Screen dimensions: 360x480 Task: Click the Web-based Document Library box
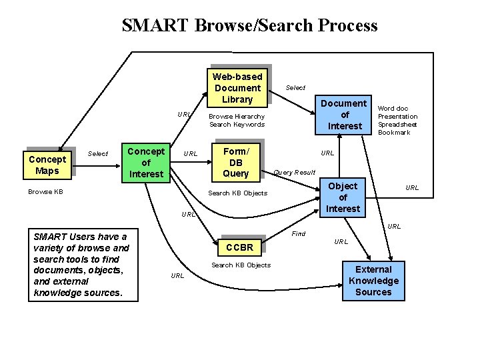237,87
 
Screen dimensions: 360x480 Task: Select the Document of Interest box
345,115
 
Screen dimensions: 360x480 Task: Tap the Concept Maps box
48,165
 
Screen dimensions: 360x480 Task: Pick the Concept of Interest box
146,163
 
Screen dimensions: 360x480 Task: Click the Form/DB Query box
235,163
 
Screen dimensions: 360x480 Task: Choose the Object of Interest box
343,197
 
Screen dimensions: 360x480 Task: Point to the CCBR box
240,247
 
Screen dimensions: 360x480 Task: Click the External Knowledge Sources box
373,281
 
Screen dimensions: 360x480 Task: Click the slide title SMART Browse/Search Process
249,25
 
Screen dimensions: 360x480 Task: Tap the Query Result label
295,173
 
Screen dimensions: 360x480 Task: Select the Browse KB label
45,192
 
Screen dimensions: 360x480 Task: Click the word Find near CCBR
299,233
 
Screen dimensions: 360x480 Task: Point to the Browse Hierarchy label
237,116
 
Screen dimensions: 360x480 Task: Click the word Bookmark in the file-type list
395,133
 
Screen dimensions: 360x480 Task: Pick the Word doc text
393,109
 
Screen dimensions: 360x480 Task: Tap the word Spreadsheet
397,125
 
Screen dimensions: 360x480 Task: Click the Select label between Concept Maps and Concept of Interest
98,154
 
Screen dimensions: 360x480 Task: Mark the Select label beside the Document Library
295,88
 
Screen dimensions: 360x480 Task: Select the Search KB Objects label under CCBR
241,265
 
